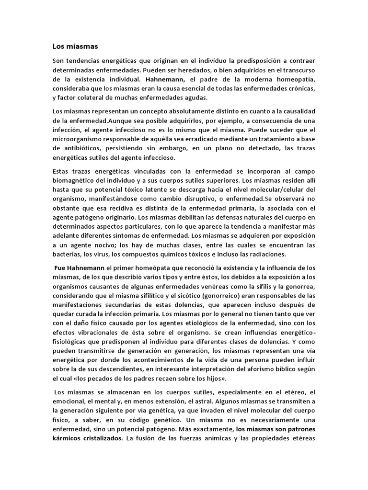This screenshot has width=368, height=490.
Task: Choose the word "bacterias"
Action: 67,254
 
